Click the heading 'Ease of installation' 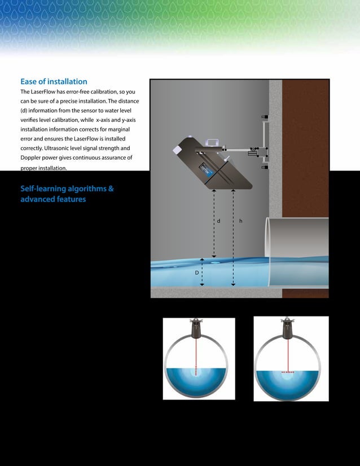54,82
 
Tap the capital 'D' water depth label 197,272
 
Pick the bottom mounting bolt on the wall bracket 265,168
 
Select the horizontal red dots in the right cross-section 288,373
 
